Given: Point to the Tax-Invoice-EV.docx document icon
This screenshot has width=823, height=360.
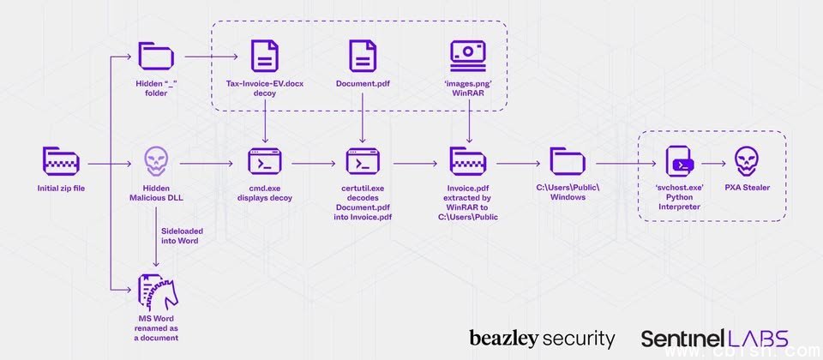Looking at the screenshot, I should click(x=264, y=57).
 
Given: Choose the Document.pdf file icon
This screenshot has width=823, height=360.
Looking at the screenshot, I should click(x=363, y=57).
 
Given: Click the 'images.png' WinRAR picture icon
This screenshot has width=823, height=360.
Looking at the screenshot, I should click(x=468, y=56).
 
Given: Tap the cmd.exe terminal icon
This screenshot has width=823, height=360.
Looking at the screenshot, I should click(x=264, y=162).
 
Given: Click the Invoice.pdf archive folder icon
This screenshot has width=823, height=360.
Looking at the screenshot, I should click(x=468, y=162).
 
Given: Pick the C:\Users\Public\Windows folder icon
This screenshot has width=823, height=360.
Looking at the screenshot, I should click(x=568, y=162).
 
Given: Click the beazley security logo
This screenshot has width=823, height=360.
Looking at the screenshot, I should click(x=542, y=339).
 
